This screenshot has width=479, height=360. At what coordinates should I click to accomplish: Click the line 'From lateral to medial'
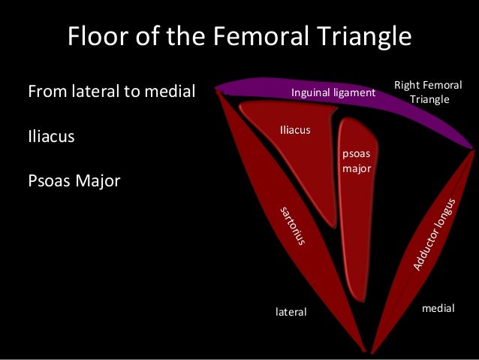(111, 92)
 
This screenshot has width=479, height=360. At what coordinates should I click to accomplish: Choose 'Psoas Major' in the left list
(74, 182)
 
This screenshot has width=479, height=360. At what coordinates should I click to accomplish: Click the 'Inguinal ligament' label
(333, 93)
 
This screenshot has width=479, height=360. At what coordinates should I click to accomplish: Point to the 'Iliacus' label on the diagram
(294, 130)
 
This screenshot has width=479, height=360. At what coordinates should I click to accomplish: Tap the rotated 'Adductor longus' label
(434, 234)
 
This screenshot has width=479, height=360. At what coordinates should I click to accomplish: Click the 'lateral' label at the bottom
(291, 311)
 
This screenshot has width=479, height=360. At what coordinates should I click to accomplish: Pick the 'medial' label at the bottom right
(438, 308)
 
